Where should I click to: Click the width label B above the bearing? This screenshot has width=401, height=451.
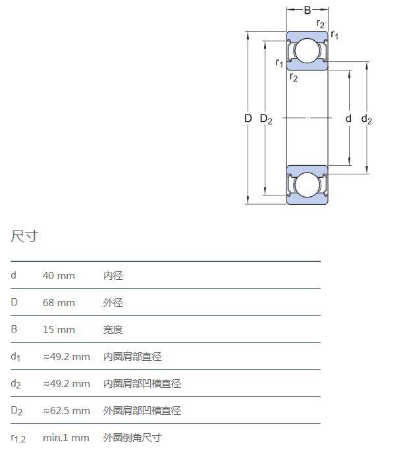(x=307, y=10)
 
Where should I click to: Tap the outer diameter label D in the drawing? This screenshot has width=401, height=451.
(x=248, y=119)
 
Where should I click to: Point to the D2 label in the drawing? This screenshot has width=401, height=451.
(x=266, y=119)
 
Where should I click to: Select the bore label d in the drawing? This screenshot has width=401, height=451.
(x=348, y=119)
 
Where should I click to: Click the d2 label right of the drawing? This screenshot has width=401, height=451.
(x=367, y=119)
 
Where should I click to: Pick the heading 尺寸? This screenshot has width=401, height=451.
(x=24, y=236)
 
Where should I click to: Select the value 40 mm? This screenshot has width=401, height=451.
(x=59, y=276)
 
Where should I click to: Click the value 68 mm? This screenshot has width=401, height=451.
(x=59, y=303)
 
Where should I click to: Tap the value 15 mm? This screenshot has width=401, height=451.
(x=59, y=330)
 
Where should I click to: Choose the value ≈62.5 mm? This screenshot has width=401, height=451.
(x=67, y=411)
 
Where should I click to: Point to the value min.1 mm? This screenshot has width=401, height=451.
(x=66, y=438)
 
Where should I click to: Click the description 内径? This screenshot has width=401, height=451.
(x=113, y=276)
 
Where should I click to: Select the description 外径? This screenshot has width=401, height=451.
(x=113, y=303)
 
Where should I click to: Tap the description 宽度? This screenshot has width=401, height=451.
(x=113, y=330)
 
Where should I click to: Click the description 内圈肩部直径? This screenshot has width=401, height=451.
(x=132, y=357)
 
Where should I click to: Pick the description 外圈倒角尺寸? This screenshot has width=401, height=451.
(x=132, y=438)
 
